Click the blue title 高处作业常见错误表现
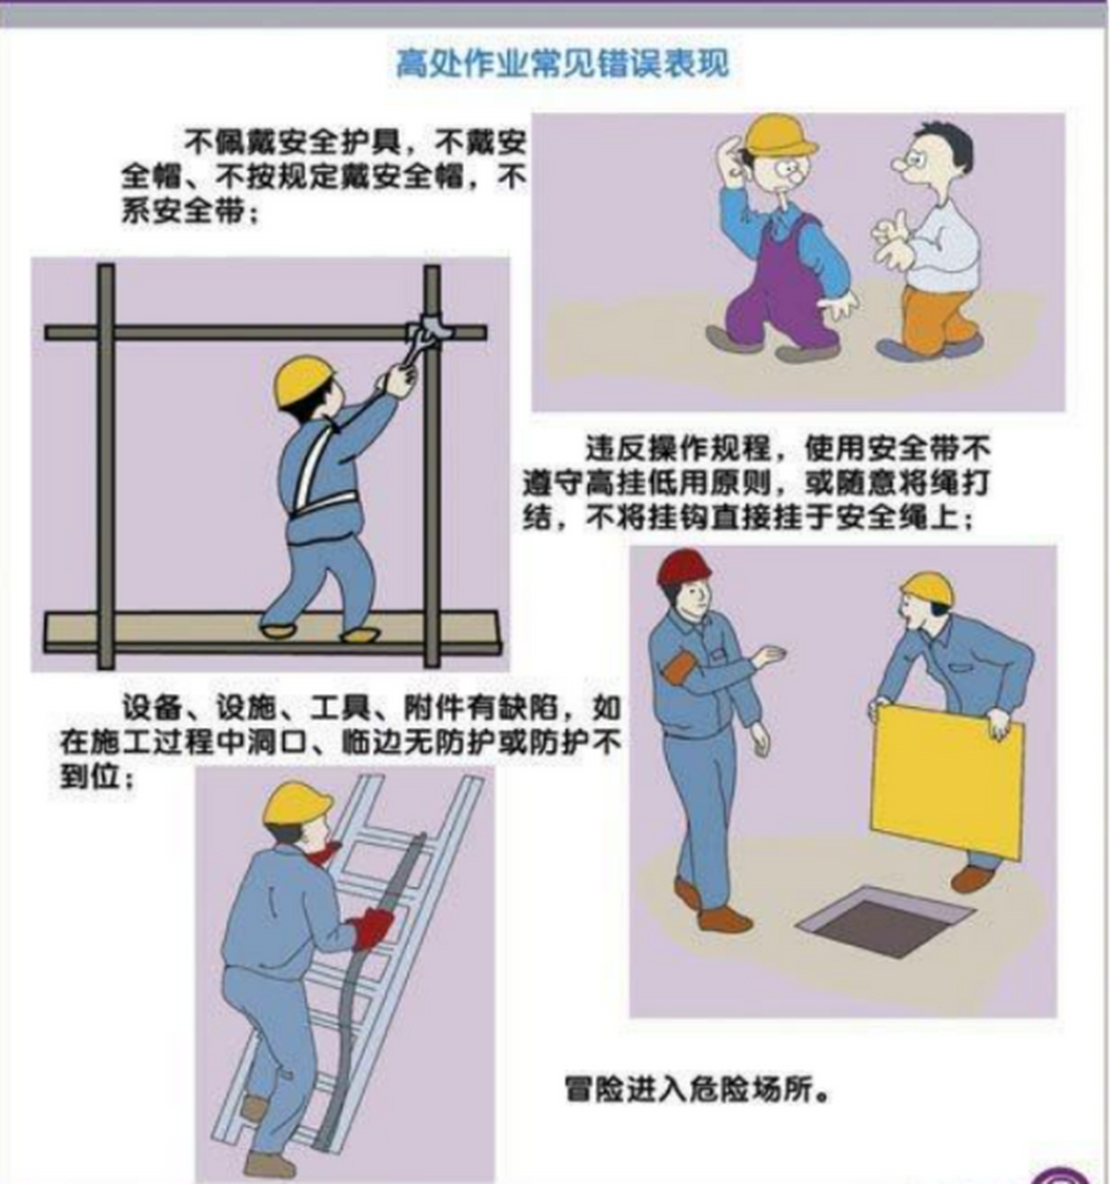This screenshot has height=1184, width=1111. click(562, 63)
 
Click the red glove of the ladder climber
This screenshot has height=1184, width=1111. click(372, 926)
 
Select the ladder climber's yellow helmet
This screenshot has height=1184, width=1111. click(297, 803)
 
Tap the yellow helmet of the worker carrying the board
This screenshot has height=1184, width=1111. click(927, 587)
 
